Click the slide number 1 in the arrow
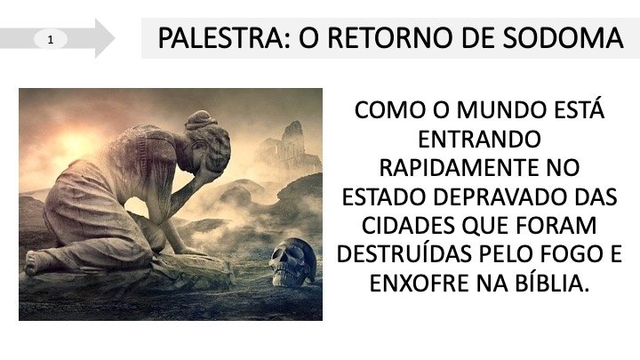click(51, 40)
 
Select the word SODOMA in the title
click(563, 38)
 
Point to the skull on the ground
click(292, 261)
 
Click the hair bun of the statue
click(201, 119)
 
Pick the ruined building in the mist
click(291, 148)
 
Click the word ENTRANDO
click(479, 140)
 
